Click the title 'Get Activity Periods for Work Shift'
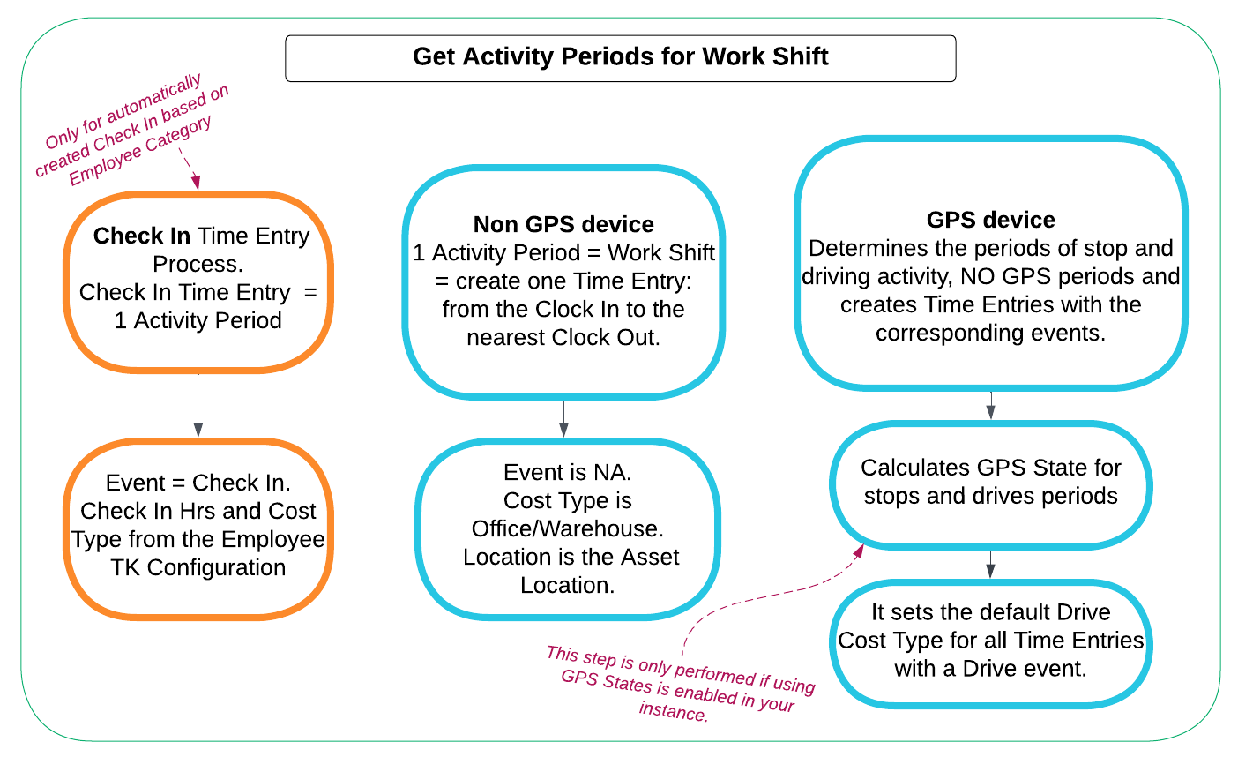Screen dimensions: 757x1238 coord(620,57)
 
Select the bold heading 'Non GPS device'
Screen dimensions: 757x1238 coord(563,225)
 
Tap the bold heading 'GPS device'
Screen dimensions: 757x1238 coord(990,220)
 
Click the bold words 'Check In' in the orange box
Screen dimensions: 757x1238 coord(142,236)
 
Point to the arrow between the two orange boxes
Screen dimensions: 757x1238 coord(198,404)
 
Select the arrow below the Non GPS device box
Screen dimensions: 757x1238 coord(563,418)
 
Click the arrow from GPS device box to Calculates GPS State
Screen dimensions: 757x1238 coord(990,405)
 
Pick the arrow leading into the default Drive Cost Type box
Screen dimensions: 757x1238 coord(990,565)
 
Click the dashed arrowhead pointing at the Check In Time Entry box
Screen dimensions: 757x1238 coord(196,181)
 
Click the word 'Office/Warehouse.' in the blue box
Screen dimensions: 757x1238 coord(567,529)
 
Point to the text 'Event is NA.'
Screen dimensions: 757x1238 coord(567,473)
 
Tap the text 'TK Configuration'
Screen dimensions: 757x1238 coord(198,567)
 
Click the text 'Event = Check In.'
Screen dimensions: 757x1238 coord(198,483)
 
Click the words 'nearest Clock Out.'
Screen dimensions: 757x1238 coord(563,338)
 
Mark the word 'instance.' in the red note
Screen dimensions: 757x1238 coord(674,712)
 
